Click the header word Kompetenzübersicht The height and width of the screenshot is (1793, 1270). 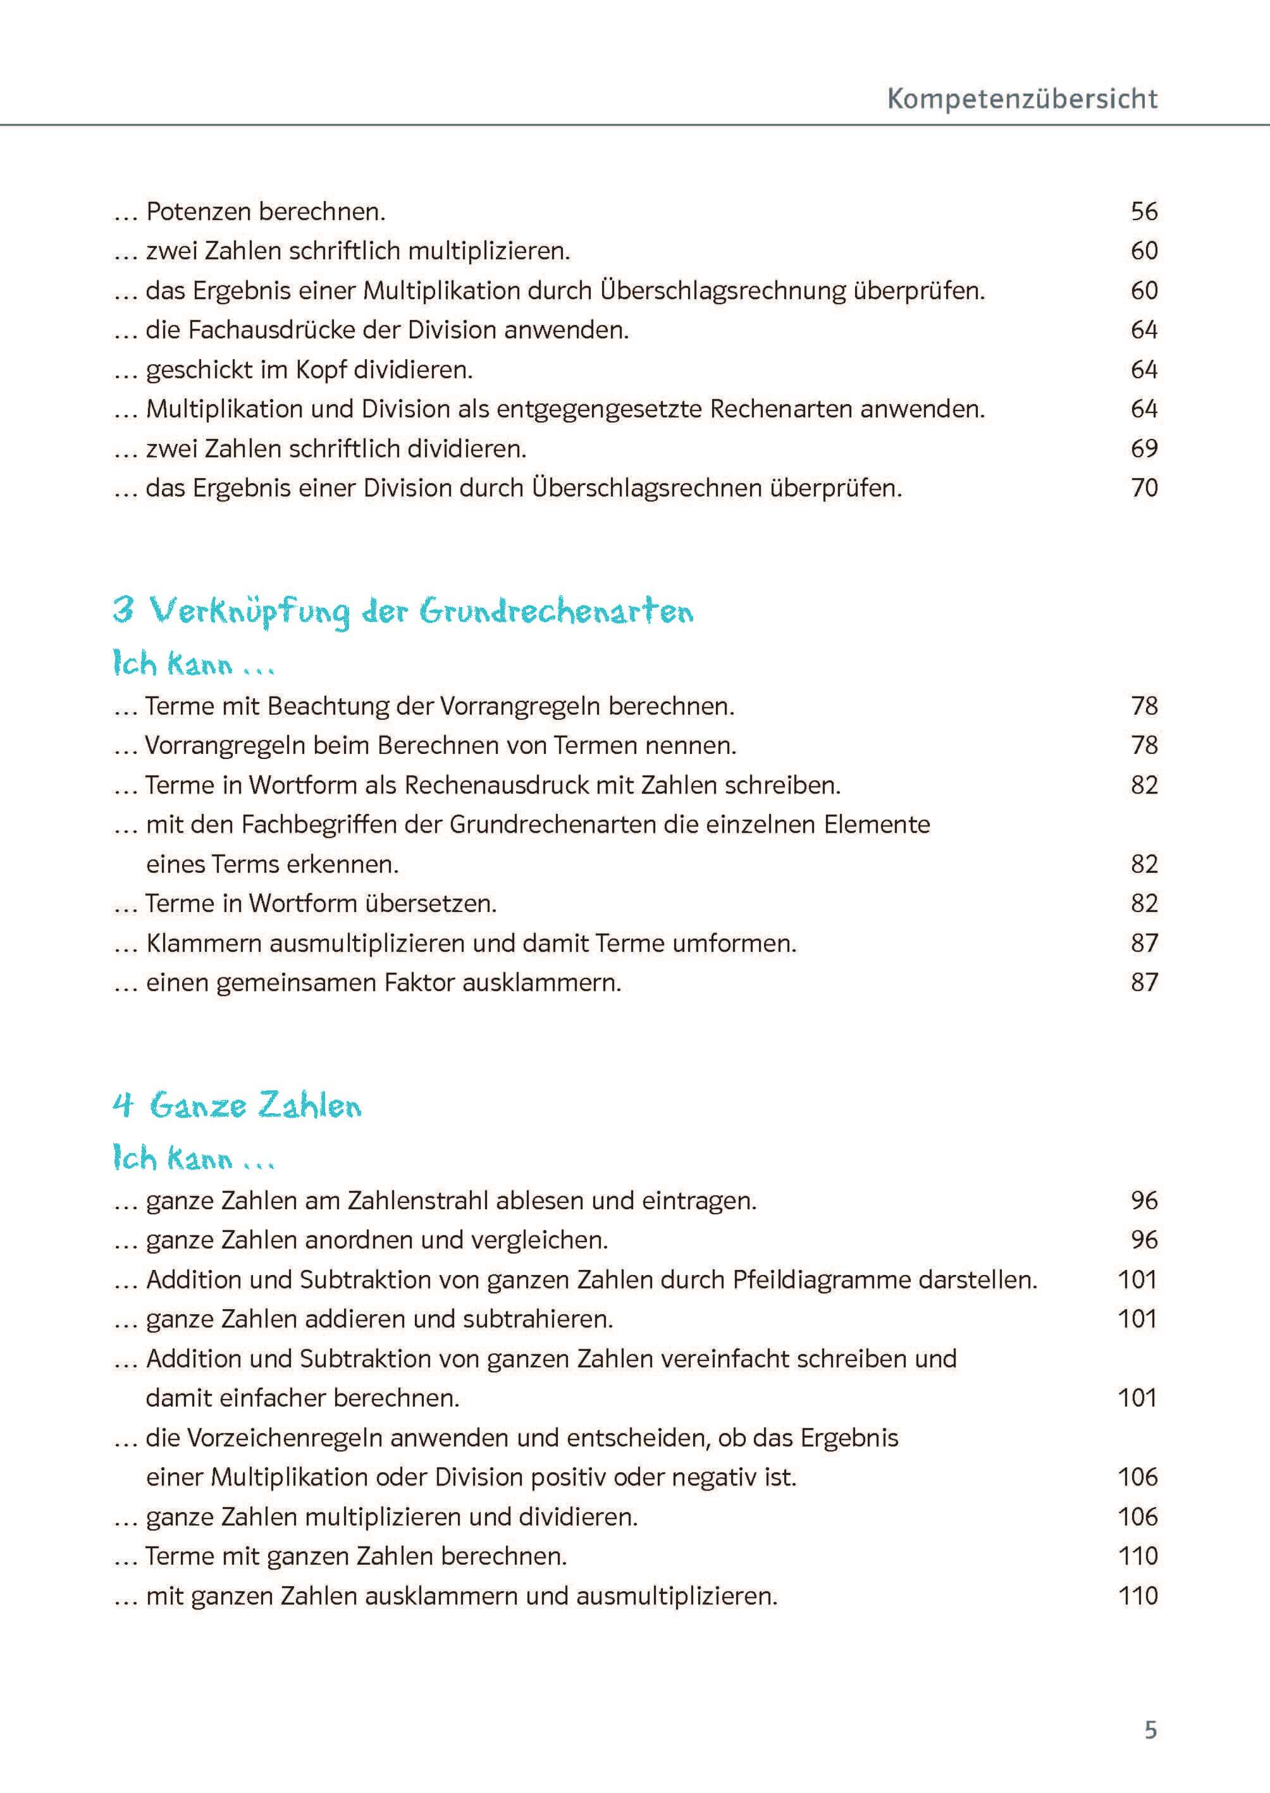click(1021, 99)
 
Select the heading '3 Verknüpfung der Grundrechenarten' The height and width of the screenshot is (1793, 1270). click(403, 611)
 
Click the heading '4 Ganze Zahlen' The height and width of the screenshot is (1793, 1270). click(237, 1106)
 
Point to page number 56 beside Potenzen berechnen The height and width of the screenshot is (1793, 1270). click(1144, 211)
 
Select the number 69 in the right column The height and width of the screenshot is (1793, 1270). click(1144, 449)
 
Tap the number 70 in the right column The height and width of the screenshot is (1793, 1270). click(1144, 488)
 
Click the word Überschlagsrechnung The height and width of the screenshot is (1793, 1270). click(724, 291)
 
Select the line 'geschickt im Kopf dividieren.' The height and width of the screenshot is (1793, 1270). click(309, 370)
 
